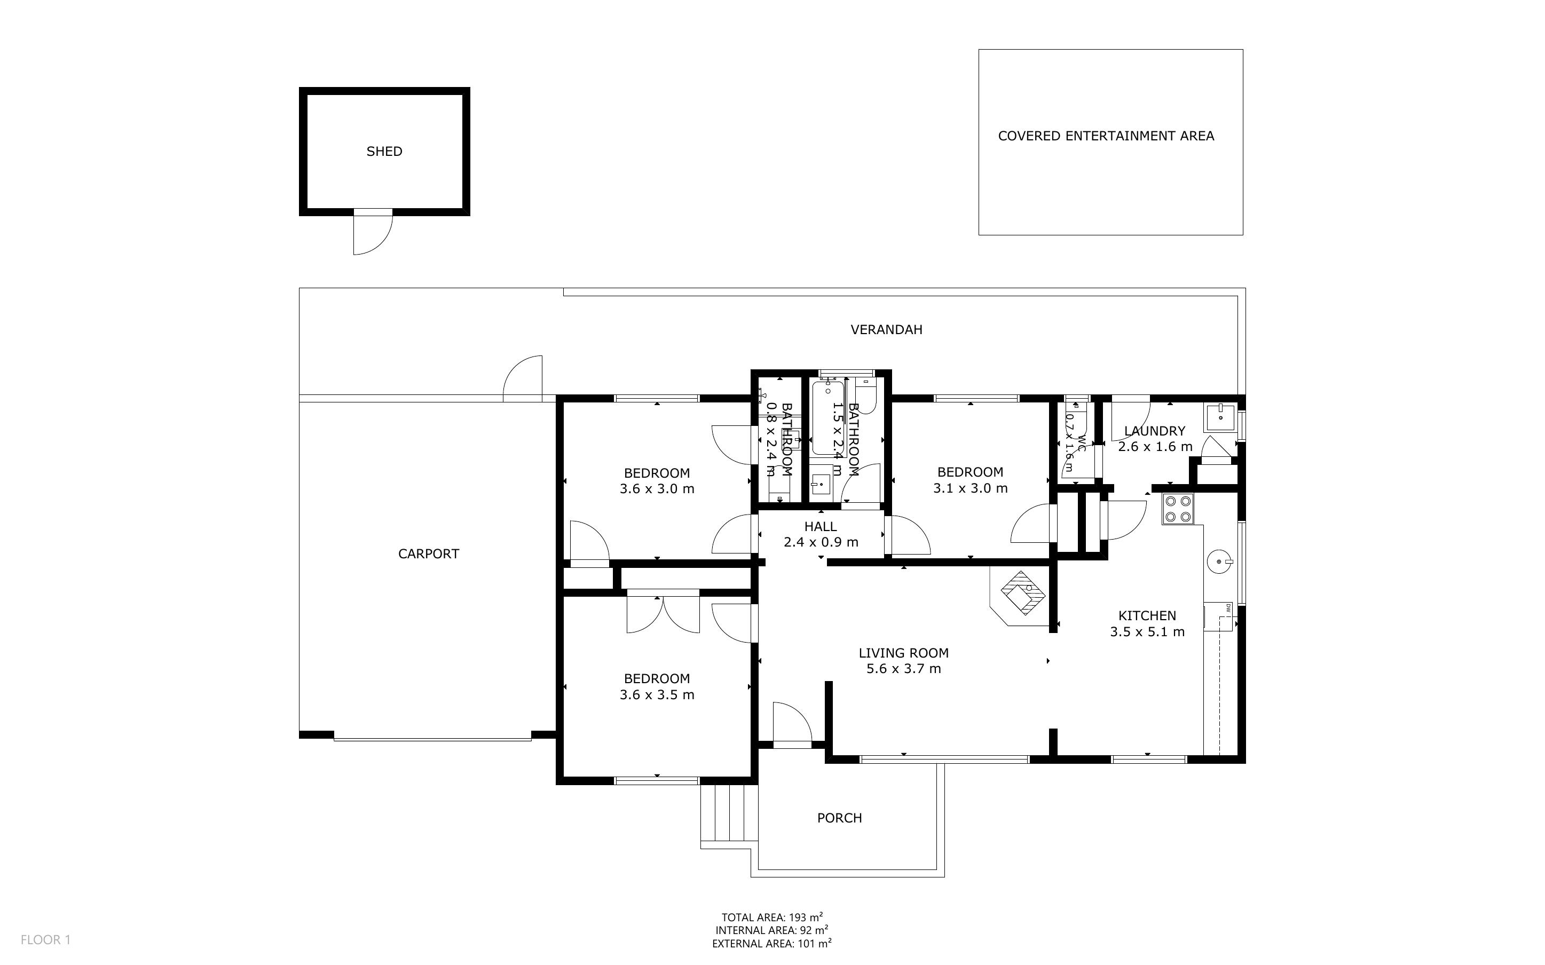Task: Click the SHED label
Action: point(384,151)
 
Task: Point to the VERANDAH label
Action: point(886,330)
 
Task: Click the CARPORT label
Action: point(428,554)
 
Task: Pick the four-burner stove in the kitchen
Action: point(1177,509)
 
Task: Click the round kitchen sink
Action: point(1219,561)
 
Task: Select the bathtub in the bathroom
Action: point(829,418)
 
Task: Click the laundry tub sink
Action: point(1219,417)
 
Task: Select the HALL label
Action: point(820,527)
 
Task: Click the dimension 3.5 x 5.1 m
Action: point(1147,632)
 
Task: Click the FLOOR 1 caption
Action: point(45,939)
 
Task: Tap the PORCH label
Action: point(839,818)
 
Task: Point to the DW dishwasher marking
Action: point(1227,610)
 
